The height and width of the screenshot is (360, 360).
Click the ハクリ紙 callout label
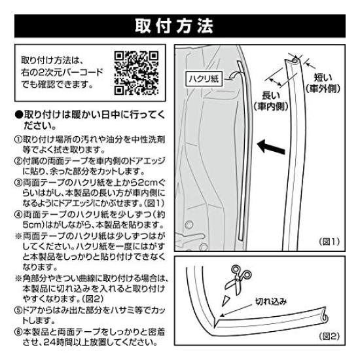click(x=205, y=77)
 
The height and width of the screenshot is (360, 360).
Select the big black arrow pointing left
click(x=271, y=145)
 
